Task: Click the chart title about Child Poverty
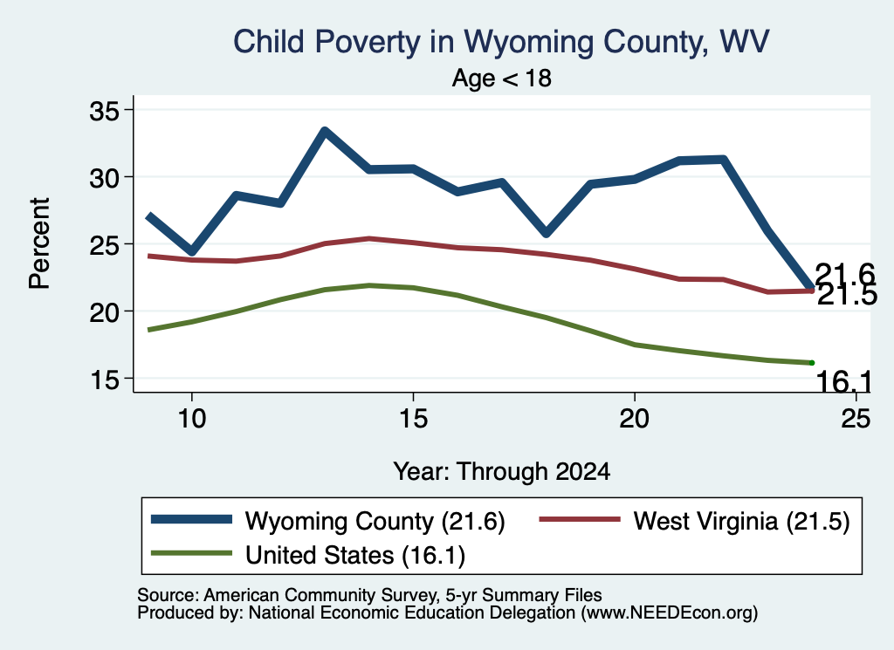point(501,43)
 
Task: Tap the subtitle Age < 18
point(502,78)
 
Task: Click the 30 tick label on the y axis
point(105,178)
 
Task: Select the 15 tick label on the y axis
point(105,379)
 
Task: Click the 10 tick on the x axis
point(192,418)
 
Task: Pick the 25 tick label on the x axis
point(856,418)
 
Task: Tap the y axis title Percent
point(39,243)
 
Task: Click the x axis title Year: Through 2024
point(502,472)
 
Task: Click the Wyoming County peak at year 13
point(325,132)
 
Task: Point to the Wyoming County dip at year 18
point(547,233)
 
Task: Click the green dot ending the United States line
point(812,363)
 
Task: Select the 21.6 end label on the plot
point(845,273)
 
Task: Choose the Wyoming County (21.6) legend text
point(375,521)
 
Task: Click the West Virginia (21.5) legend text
point(742,521)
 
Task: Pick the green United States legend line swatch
point(191,553)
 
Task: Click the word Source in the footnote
point(168,595)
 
